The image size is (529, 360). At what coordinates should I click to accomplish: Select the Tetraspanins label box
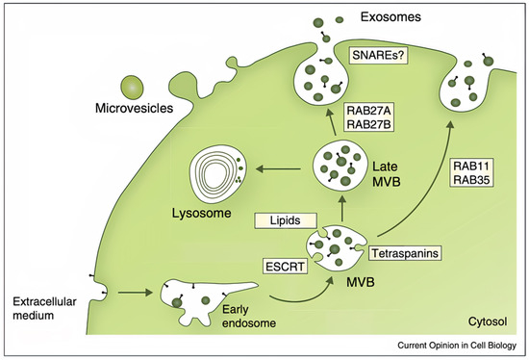[x=406, y=252]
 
